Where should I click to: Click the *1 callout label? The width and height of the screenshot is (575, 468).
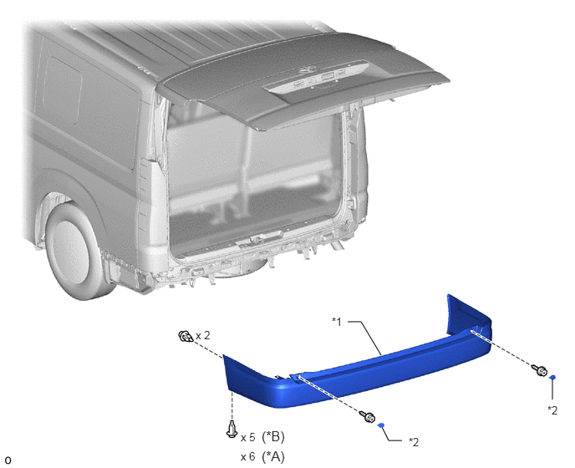click(x=337, y=322)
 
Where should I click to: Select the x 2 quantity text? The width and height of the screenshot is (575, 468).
click(x=203, y=336)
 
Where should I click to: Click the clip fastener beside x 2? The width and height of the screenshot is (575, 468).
click(x=186, y=336)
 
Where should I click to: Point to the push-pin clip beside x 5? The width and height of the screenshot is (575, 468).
click(x=232, y=430)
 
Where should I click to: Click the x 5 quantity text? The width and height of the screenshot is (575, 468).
click(x=247, y=438)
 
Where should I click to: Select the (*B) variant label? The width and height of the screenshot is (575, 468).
click(x=273, y=437)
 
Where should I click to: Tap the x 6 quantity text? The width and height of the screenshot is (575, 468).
click(x=247, y=457)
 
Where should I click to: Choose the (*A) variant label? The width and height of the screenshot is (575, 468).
click(x=273, y=456)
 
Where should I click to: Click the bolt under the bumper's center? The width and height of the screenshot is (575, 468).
click(x=369, y=416)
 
